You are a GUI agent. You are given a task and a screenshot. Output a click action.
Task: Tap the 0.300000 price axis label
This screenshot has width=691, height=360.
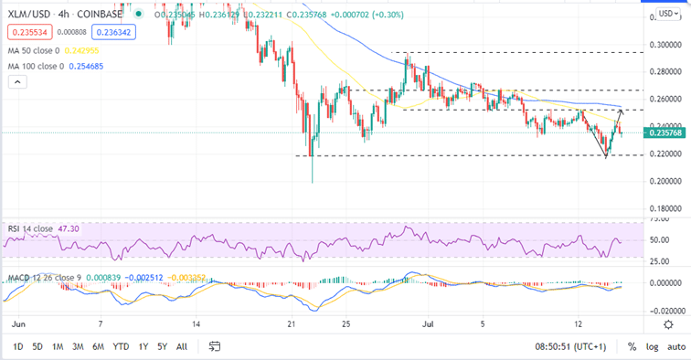pyautogui.click(x=664, y=44)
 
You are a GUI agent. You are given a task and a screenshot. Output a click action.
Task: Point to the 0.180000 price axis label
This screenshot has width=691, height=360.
pyautogui.click(x=664, y=209)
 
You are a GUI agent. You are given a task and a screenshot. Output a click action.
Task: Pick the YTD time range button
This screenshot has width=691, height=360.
pyautogui.click(x=121, y=346)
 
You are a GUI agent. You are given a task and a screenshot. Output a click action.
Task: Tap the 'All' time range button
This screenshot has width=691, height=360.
pyautogui.click(x=181, y=346)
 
